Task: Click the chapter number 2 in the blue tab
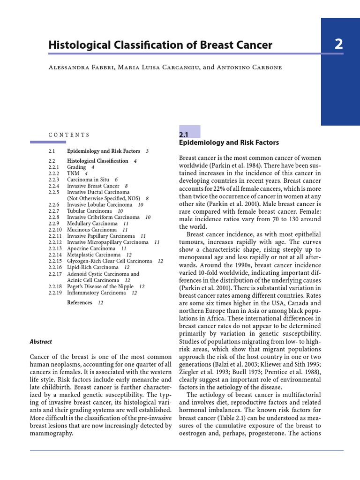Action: (x=338, y=45)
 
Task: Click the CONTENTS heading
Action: (x=69, y=135)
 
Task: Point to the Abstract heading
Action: (x=41, y=342)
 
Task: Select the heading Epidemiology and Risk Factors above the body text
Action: (x=229, y=142)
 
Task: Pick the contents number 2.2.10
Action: (x=55, y=230)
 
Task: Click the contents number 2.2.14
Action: (x=55, y=255)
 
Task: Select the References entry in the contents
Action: (x=80, y=303)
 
